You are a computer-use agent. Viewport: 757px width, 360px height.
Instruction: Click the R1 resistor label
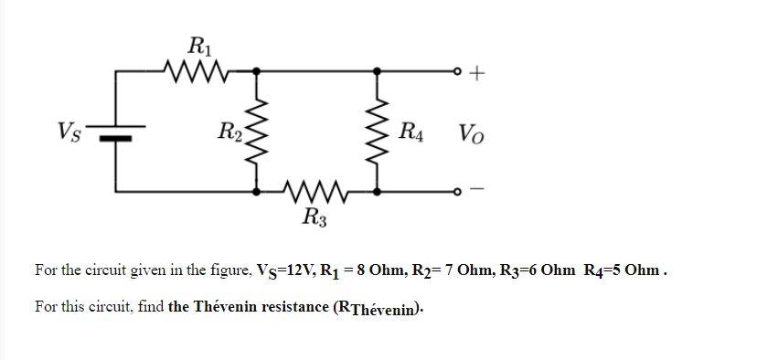point(197,46)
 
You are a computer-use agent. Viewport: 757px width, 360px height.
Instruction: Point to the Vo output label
point(472,134)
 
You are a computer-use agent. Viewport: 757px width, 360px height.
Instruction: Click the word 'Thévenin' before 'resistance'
point(228,306)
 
